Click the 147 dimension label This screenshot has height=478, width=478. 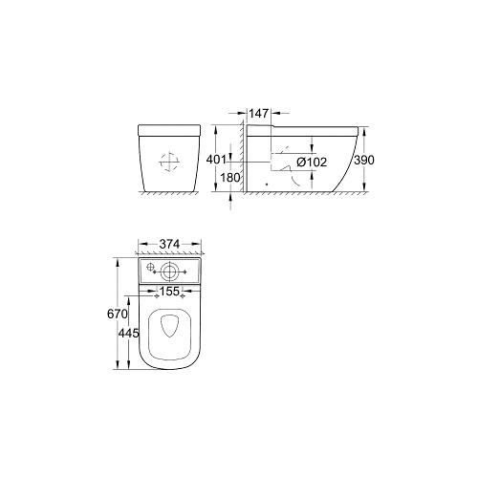[257, 113]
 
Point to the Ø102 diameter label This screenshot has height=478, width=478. [312, 163]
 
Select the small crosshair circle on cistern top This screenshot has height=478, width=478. [149, 269]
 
